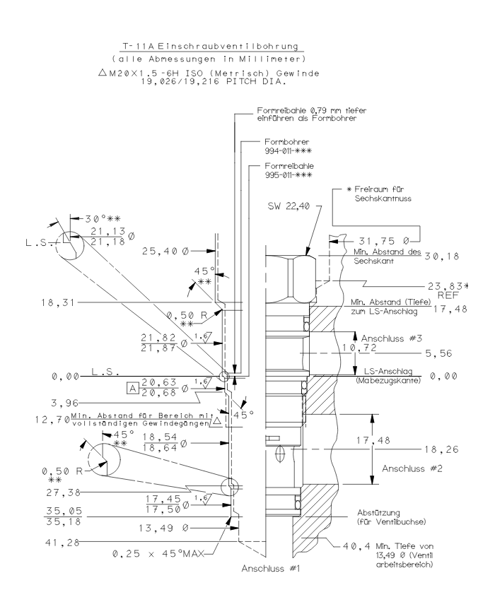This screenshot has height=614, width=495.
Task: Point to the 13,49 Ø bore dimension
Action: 161,526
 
